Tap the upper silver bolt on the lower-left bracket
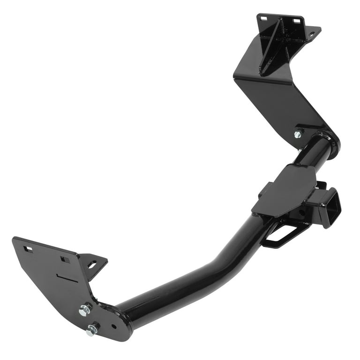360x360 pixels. (85, 309)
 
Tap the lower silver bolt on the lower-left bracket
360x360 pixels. (91, 330)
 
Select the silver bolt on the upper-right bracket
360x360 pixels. (297, 134)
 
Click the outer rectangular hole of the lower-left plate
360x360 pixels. (28, 249)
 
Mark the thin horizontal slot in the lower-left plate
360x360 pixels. (68, 276)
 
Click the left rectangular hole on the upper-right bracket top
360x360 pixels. (262, 18)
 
